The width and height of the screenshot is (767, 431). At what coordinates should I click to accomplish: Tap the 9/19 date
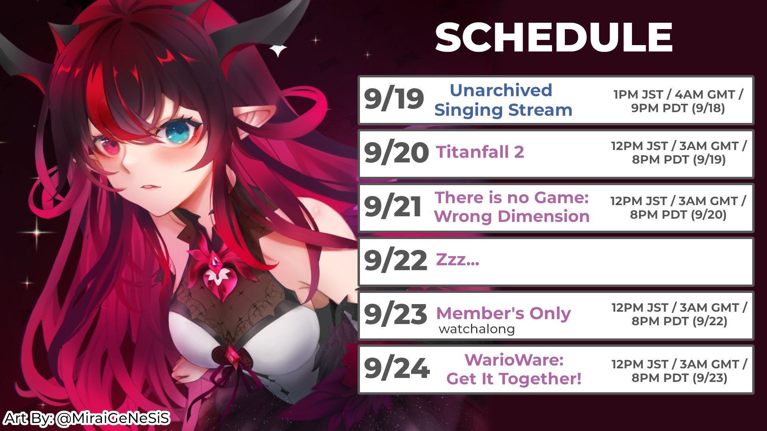point(394,99)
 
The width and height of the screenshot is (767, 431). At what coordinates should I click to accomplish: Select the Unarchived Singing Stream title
point(503,100)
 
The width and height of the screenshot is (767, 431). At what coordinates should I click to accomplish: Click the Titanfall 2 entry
point(480,152)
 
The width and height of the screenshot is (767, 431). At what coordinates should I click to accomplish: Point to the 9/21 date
point(393,207)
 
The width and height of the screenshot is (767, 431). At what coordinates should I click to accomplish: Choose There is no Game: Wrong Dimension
point(512,207)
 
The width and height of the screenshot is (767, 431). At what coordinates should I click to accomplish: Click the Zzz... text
point(457,259)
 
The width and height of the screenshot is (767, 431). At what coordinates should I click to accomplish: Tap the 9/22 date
point(395,261)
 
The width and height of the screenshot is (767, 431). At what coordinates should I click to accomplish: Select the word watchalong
point(477,329)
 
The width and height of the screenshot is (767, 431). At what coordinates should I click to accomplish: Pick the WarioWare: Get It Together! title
point(514,369)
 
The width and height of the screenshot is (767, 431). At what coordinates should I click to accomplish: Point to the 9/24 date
point(397,368)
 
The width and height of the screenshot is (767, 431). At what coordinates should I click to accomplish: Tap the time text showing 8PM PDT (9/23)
point(679,378)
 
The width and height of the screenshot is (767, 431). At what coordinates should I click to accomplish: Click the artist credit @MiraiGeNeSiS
point(113,418)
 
